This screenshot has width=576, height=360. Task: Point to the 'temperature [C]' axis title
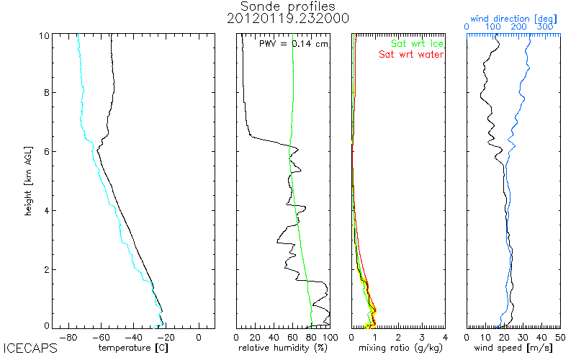click(135, 348)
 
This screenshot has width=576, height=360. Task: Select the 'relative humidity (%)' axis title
click(283, 348)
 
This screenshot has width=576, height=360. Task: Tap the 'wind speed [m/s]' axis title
click(514, 348)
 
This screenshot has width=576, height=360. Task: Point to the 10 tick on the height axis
click(44, 35)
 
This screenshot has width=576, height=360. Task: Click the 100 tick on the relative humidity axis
click(328, 337)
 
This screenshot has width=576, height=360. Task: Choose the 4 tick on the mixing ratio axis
click(445, 337)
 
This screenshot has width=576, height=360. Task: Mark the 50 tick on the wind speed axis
click(559, 337)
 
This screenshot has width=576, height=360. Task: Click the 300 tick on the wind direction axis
click(545, 27)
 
